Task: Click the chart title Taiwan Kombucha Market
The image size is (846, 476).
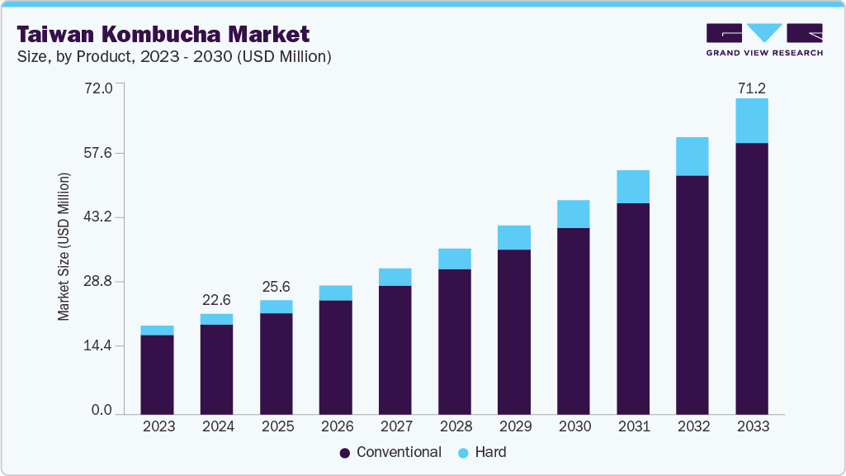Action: click(163, 34)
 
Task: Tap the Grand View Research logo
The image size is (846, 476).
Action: click(763, 39)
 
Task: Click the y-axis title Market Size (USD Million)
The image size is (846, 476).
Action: click(64, 246)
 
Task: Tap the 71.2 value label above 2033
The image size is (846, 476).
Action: click(751, 88)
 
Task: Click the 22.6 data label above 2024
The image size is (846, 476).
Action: click(216, 300)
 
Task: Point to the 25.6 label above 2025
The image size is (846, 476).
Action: click(276, 287)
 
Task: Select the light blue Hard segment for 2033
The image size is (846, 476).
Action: click(751, 121)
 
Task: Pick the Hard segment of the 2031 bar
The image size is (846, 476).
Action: click(632, 187)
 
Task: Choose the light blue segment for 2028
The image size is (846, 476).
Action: click(454, 259)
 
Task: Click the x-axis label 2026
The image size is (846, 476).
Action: click(335, 426)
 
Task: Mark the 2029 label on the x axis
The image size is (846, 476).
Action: click(513, 426)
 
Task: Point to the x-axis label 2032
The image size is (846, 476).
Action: click(692, 426)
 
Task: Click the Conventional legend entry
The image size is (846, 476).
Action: click(390, 452)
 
